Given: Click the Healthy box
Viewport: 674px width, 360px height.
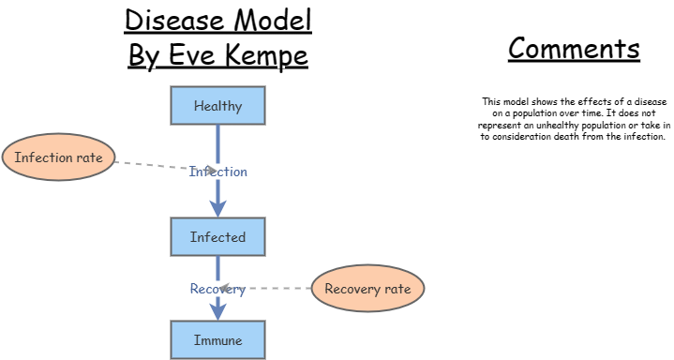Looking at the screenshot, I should (217, 106).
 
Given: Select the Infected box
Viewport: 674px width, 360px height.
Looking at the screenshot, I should (217, 237).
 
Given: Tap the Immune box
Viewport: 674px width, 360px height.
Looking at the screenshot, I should (217, 340).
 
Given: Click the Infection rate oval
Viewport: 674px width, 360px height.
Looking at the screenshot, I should (58, 157).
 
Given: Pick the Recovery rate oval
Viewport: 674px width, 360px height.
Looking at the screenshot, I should (367, 289).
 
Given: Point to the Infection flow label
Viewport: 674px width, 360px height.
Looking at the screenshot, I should (218, 172).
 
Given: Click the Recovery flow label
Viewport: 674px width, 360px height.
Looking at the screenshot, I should (217, 289).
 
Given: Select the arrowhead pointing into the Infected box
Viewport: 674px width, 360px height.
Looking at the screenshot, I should (217, 209).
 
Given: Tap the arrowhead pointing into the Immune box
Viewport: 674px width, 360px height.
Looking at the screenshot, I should (217, 312).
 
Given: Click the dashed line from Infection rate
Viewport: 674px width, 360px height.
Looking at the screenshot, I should (150, 165).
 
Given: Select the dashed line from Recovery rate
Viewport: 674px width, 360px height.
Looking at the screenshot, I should (277, 289).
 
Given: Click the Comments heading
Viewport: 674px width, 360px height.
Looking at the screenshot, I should (574, 49).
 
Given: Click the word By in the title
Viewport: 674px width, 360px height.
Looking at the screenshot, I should (145, 55).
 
